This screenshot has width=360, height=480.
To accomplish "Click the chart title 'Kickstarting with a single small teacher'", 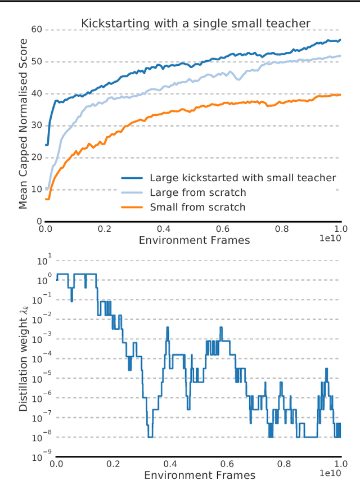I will tap(196, 23).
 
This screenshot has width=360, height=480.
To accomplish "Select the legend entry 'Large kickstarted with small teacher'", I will tap(242, 178).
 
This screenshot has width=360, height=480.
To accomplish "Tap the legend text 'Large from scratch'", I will tap(197, 192).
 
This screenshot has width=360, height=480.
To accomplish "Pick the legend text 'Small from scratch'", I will tap(197, 207).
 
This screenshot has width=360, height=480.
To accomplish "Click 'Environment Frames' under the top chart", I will tap(193, 240).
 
